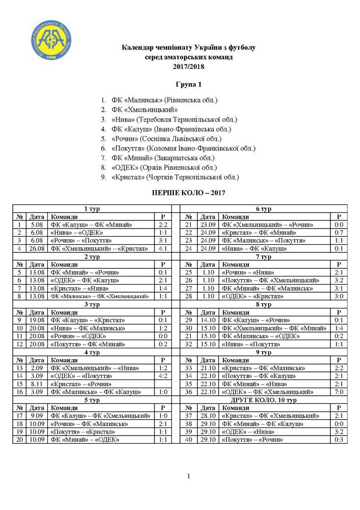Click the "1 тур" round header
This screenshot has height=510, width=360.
click(x=92, y=209)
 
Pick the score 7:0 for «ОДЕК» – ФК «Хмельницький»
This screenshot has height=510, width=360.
click(x=339, y=392)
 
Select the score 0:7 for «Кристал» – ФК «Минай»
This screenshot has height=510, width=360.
click(x=339, y=233)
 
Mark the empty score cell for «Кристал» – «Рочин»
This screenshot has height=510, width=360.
click(x=163, y=384)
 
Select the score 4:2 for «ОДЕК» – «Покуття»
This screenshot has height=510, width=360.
click(x=163, y=376)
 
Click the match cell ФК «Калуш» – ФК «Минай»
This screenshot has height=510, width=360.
click(x=91, y=225)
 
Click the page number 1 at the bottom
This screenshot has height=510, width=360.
click(x=188, y=476)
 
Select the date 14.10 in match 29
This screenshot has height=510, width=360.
click(x=208, y=320)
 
